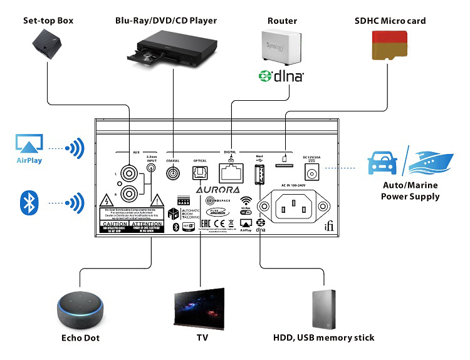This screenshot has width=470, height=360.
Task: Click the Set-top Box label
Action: tap(48, 21)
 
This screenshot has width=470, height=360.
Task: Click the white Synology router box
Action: tap(280, 48)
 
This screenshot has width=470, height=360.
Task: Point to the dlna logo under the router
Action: tap(281, 76)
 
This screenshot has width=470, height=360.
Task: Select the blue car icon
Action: tap(383, 164)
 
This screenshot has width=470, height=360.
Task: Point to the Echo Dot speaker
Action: tap(80, 311)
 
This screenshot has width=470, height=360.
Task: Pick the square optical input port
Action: tap(200, 173)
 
